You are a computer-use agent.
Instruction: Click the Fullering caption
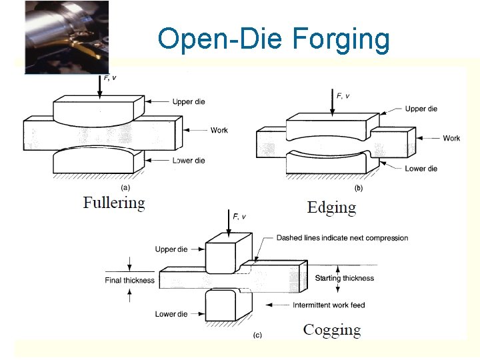coord(114,202)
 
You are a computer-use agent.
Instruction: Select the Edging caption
coord(331,207)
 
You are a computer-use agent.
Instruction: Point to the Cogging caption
coord(332,329)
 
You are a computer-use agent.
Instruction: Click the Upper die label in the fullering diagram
coord(188,102)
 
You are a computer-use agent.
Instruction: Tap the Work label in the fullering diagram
coord(219,130)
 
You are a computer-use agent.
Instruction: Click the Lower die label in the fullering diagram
coord(189,161)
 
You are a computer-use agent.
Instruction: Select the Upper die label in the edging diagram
coord(421,109)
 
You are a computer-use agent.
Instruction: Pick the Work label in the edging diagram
coord(451,138)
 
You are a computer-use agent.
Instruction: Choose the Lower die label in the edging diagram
coord(421,169)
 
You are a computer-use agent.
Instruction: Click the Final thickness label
coord(130,280)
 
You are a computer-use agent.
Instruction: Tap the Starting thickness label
coord(349,278)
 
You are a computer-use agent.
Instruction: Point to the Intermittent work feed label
coord(329,305)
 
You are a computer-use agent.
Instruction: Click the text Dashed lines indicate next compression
coord(342,238)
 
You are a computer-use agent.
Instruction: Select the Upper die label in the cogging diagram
coord(171,249)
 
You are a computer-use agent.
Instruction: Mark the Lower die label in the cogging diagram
coord(171,314)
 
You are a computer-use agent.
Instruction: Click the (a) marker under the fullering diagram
coord(125,187)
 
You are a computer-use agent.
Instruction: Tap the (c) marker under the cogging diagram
coord(257,335)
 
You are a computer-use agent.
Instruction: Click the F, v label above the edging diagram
coord(343,96)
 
